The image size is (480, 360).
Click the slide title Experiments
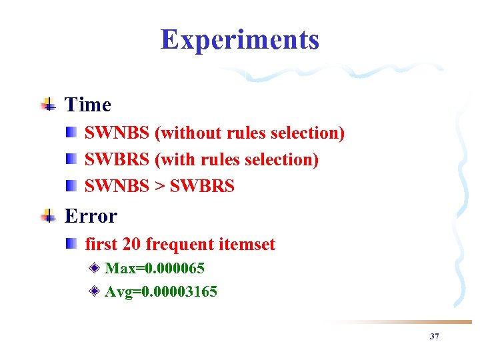coord(240,39)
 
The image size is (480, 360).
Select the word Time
coord(87,105)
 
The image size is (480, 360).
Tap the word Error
coord(91,216)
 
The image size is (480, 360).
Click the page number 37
coord(434,337)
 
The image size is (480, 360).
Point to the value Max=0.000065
coord(155,268)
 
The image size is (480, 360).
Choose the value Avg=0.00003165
coord(161,291)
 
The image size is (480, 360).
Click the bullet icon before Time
coord(48,104)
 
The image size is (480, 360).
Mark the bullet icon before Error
coord(48,215)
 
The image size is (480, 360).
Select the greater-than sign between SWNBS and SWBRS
coord(159,187)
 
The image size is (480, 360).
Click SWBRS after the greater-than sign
coord(202,187)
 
